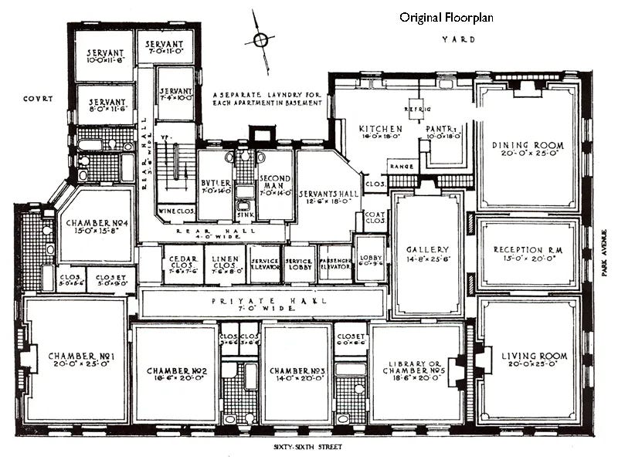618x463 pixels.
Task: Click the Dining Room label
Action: [528, 145]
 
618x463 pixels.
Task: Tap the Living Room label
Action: [534, 356]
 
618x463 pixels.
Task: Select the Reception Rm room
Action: [528, 254]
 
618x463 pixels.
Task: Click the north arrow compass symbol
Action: [261, 40]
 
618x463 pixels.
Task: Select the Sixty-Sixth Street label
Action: [307, 448]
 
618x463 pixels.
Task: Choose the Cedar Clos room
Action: [182, 264]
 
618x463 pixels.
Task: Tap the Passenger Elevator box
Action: [334, 263]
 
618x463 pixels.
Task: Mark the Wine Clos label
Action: [175, 210]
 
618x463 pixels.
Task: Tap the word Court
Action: [36, 98]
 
